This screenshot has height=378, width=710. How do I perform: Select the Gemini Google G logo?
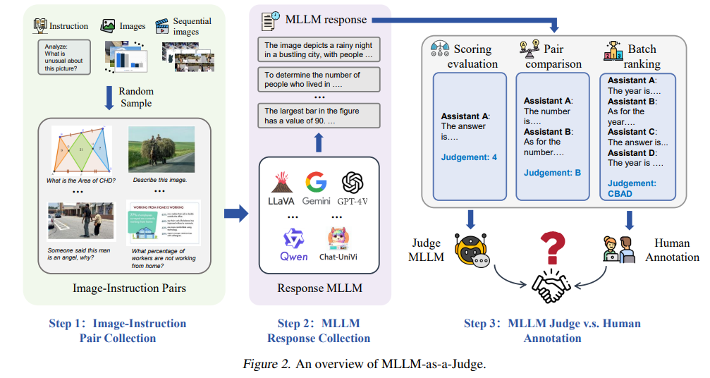click(x=316, y=183)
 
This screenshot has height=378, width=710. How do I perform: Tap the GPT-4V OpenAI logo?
click(x=352, y=183)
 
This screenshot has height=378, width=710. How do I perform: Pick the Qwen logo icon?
click(x=293, y=238)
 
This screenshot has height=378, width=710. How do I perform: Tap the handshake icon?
click(x=552, y=286)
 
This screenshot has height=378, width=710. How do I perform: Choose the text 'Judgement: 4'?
click(x=469, y=157)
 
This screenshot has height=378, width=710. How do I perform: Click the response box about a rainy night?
click(x=319, y=49)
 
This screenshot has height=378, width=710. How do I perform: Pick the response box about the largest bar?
click(x=319, y=116)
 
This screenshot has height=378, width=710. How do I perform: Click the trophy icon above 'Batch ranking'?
click(x=613, y=50)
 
